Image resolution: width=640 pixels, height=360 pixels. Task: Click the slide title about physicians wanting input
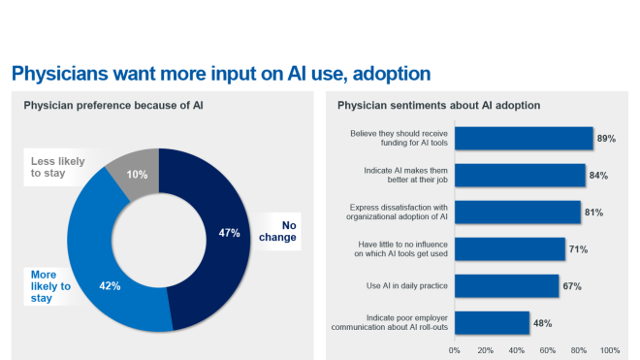click(220, 74)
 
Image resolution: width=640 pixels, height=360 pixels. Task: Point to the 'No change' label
click(283, 228)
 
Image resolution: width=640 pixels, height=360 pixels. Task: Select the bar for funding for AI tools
click(524, 139)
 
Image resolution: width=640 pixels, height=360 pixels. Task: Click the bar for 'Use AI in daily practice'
click(506, 286)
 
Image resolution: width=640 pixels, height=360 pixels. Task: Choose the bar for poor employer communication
click(492, 323)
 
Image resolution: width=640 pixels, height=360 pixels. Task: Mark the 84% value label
click(599, 176)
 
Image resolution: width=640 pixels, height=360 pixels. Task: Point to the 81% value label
click(594, 213)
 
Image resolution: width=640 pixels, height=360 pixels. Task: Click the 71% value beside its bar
click(579, 249)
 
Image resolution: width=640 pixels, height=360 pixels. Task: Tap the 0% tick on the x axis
click(455, 349)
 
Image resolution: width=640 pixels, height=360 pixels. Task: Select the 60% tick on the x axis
click(548, 349)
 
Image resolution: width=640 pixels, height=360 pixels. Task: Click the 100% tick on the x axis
click(609, 349)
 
